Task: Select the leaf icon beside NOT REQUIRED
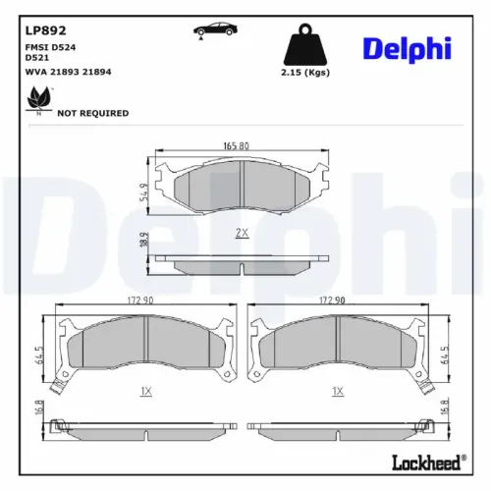coord(38,98)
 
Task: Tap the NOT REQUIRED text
coord(93,113)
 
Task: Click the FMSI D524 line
coord(49,47)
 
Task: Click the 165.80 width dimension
coord(235,146)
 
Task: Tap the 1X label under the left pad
coord(145,390)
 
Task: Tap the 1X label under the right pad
coord(338,390)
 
